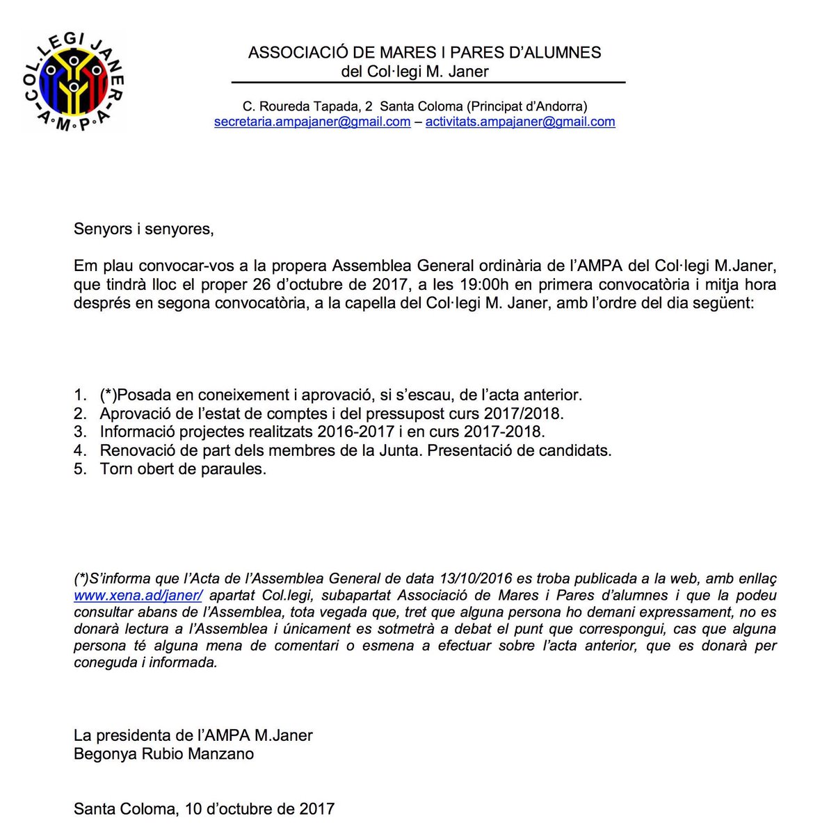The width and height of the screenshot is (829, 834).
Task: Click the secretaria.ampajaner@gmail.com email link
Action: point(312,122)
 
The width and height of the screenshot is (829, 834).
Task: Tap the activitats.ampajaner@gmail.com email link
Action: point(520,122)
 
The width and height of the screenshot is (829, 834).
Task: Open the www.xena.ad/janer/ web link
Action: point(138,596)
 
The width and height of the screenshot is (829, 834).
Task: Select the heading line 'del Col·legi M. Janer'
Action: point(414,72)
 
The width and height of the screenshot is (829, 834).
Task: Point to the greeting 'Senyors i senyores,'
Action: point(143,229)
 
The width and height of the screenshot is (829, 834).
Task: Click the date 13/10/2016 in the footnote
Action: point(476,579)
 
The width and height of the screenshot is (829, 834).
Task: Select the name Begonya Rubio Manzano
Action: point(163,753)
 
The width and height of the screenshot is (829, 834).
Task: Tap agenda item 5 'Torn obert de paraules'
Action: point(183,468)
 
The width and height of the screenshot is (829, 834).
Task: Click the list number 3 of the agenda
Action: point(79,432)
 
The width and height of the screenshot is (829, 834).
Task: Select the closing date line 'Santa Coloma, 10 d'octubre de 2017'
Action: point(204,809)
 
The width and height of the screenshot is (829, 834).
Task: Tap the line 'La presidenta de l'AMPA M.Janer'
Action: point(193,735)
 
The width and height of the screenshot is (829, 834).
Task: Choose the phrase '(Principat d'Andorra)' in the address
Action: point(526,106)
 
